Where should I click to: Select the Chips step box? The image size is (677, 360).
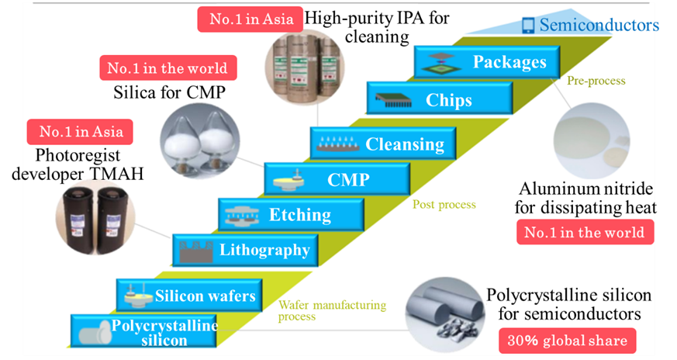tap(439, 99)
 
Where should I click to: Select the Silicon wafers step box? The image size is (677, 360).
tap(187, 295)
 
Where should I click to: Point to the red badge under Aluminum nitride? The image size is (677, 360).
tap(585, 232)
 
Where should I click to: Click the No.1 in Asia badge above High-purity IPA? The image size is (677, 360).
tap(247, 19)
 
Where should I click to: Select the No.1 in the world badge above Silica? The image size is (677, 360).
tap(167, 68)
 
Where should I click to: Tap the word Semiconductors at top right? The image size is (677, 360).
tap(599, 25)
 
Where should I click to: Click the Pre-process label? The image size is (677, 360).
tap(596, 81)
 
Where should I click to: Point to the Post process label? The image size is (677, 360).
tap(444, 204)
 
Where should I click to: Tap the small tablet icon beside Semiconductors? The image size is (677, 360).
tap(528, 26)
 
